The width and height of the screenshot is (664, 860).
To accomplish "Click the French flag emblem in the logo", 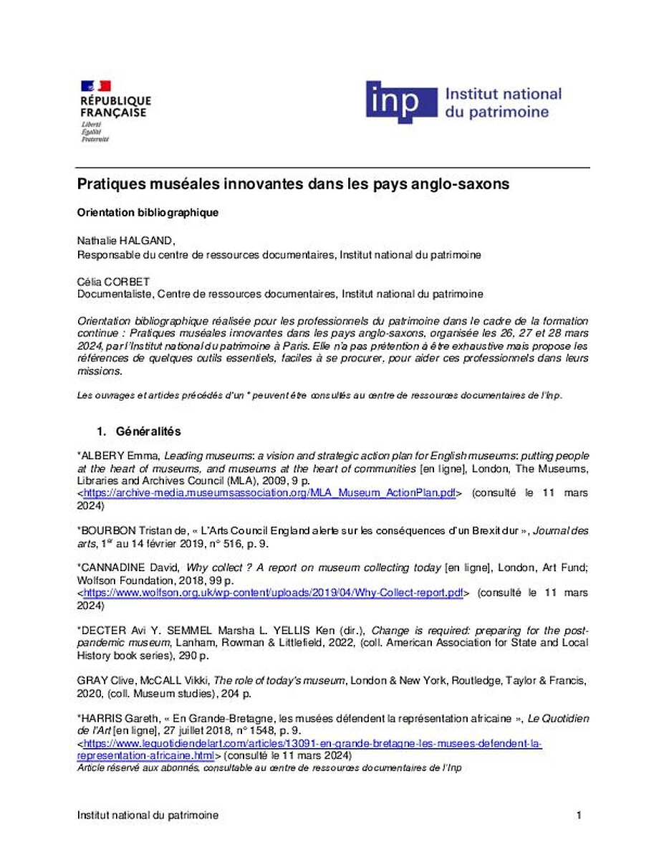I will point(95,86).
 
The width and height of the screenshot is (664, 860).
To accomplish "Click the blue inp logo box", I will point(401,102).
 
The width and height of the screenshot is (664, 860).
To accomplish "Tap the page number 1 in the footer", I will point(579,816).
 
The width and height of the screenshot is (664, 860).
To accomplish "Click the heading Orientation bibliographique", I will point(148,213).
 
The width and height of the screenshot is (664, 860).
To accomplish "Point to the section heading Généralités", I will point(148,431).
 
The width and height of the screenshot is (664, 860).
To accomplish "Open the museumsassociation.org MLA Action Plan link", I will point(269,494).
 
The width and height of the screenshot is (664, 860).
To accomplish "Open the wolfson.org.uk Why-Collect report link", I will point(273,593).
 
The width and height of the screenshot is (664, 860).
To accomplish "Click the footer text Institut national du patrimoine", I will point(148,816).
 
